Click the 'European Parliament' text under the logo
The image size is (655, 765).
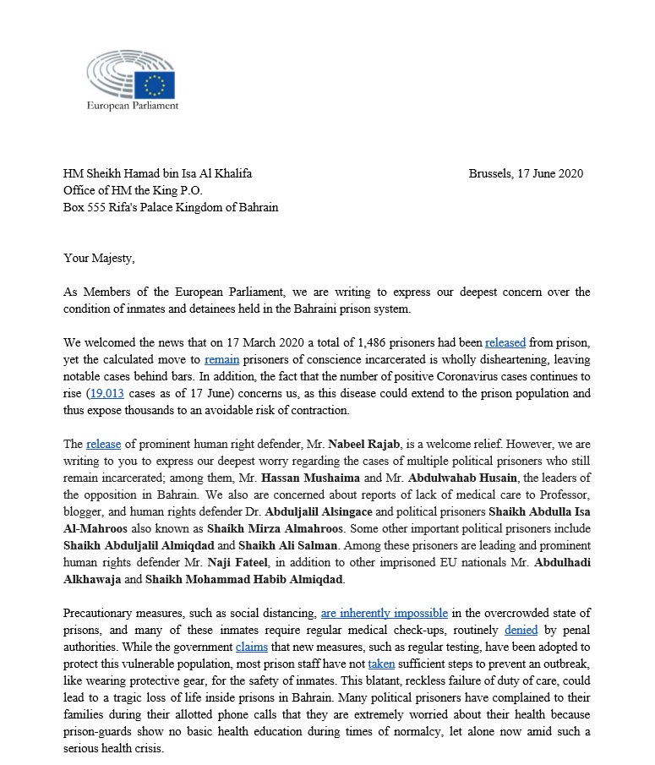click(133, 107)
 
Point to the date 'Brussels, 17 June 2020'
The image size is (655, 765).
click(526, 174)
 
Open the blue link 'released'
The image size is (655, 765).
click(505, 342)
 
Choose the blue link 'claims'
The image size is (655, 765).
click(252, 646)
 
